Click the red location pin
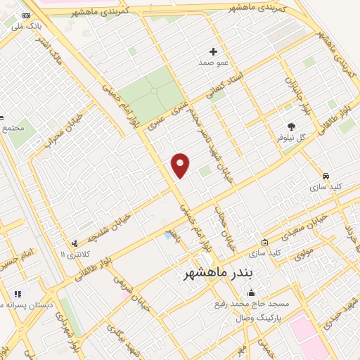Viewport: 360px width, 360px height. [181, 165]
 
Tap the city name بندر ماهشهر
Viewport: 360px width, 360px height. [212, 271]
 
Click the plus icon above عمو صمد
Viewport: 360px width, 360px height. [213, 51]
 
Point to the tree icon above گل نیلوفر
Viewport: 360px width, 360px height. [290, 127]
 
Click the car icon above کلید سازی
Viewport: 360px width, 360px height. [326, 176]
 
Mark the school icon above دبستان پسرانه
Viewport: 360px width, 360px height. [18, 293]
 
